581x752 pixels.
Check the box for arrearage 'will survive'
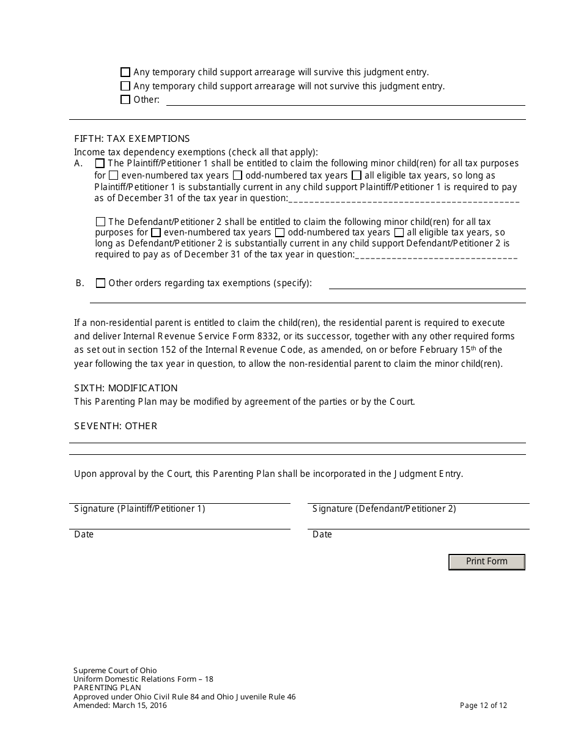(x=125, y=72)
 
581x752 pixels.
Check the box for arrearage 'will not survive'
(x=125, y=86)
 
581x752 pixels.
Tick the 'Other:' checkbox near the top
(x=125, y=100)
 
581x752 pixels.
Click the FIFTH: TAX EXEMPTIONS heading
(x=132, y=139)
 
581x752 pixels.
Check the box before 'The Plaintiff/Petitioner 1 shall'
(x=100, y=163)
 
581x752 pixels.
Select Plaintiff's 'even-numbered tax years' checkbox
(x=114, y=175)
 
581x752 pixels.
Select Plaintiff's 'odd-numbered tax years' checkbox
(x=238, y=175)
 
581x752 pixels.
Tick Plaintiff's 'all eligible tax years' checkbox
(x=357, y=175)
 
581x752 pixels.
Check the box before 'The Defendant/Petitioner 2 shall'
(x=101, y=221)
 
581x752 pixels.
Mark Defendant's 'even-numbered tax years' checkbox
(x=156, y=232)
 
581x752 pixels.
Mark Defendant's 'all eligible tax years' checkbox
(x=399, y=232)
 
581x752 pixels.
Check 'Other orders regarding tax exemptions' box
(x=101, y=283)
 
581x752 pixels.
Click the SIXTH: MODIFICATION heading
(x=126, y=388)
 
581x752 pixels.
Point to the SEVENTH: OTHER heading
(x=116, y=426)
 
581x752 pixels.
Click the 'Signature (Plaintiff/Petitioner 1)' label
(x=139, y=509)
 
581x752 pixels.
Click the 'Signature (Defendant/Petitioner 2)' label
(x=384, y=509)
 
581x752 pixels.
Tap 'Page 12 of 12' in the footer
(x=483, y=706)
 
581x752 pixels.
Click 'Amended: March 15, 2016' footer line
(x=120, y=706)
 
